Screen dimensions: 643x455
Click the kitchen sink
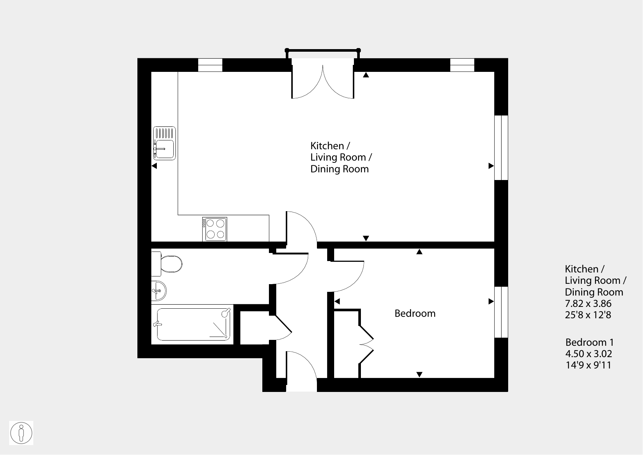(x=164, y=143)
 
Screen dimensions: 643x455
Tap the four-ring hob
(x=215, y=229)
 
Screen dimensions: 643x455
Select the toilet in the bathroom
(x=167, y=264)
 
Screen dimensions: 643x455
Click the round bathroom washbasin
(x=159, y=291)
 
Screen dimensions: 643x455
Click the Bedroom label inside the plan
(x=415, y=313)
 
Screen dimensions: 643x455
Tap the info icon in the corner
(x=21, y=433)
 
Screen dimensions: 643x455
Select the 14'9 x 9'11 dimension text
(x=588, y=365)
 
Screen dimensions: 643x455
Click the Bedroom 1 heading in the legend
(x=590, y=342)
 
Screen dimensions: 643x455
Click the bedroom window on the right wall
(x=501, y=312)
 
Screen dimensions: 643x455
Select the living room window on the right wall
(x=501, y=148)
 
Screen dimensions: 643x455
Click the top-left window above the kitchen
(x=210, y=65)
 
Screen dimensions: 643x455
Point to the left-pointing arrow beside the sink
(x=154, y=166)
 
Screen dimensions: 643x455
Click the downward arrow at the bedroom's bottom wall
(x=420, y=375)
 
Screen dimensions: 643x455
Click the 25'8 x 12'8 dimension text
(x=588, y=315)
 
